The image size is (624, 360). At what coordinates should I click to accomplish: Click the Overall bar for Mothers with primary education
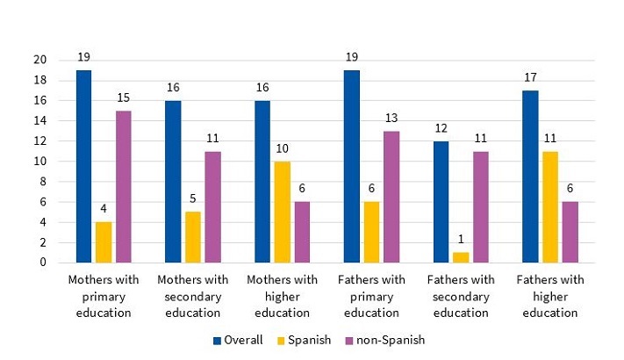(x=83, y=166)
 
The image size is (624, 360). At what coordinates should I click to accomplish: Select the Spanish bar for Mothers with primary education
(x=103, y=242)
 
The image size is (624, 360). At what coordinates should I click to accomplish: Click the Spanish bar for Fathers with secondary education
(x=460, y=257)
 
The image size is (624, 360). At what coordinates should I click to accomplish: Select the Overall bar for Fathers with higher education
(x=530, y=176)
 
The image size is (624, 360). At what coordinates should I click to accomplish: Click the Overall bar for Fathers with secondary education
(x=441, y=202)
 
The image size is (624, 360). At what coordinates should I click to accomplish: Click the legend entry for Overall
(x=238, y=340)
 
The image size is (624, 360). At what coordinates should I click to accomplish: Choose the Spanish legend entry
(x=306, y=340)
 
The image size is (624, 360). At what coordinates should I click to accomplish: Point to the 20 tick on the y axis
(x=39, y=60)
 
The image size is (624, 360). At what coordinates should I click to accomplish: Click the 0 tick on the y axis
(x=42, y=263)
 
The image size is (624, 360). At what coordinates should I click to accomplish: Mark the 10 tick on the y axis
(x=39, y=162)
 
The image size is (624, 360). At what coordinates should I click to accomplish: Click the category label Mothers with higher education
(x=282, y=296)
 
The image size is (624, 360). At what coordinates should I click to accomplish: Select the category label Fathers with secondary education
(x=460, y=296)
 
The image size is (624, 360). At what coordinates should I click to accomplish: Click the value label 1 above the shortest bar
(x=460, y=241)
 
